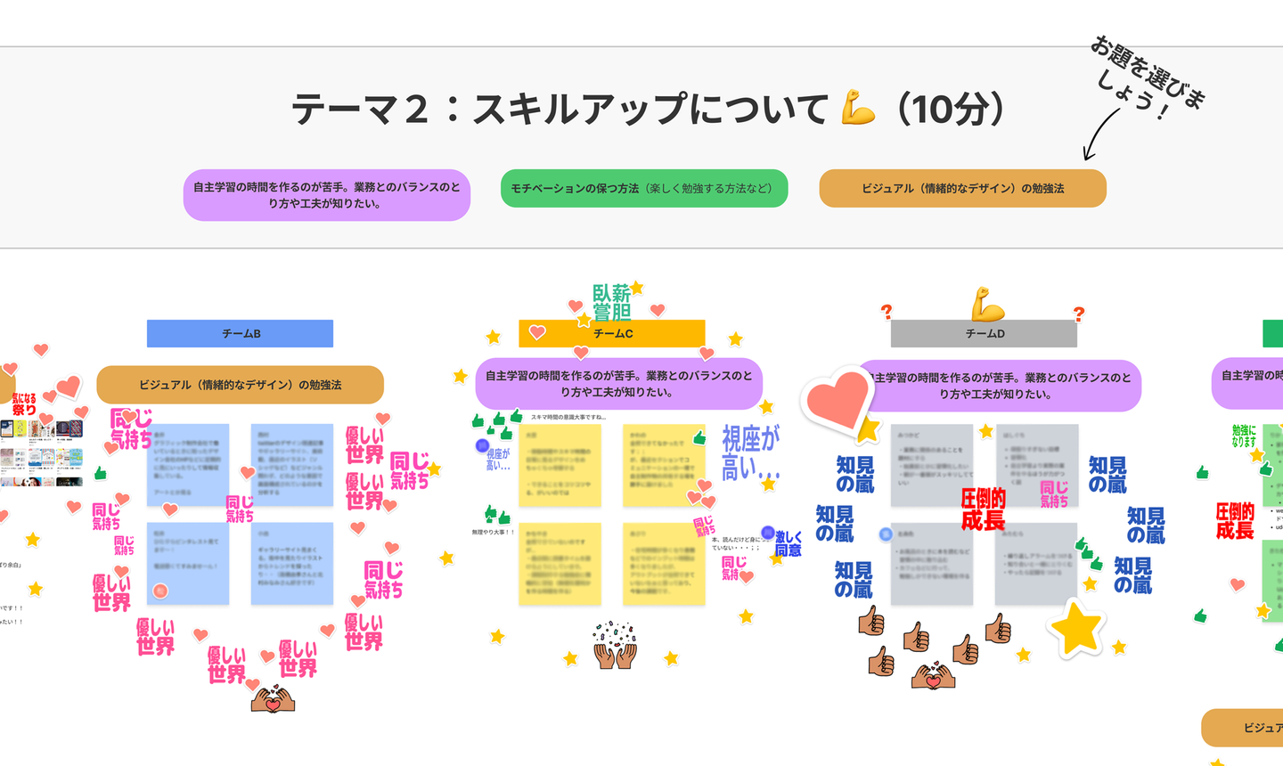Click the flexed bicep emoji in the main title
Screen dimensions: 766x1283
tap(858, 109)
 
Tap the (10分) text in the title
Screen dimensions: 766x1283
tap(952, 110)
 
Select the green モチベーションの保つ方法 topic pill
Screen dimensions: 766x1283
tap(644, 188)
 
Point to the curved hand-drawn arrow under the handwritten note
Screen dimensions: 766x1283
tap(1099, 134)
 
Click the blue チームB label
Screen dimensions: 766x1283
tap(240, 333)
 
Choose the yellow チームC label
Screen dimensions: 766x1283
tap(612, 333)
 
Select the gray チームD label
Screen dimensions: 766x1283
tap(984, 333)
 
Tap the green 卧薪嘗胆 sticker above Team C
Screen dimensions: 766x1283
tap(611, 302)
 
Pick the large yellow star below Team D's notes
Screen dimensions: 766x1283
tap(1077, 628)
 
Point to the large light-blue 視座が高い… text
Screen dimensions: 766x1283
tap(750, 452)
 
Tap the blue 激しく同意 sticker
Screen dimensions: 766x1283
tap(788, 543)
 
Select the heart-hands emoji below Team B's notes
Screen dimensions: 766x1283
tap(273, 698)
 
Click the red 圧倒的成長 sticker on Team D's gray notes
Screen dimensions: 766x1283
tap(983, 509)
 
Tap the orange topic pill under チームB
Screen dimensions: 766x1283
tap(240, 385)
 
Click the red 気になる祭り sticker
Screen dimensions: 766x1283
tap(24, 404)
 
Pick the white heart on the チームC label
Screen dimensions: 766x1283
tap(537, 332)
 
